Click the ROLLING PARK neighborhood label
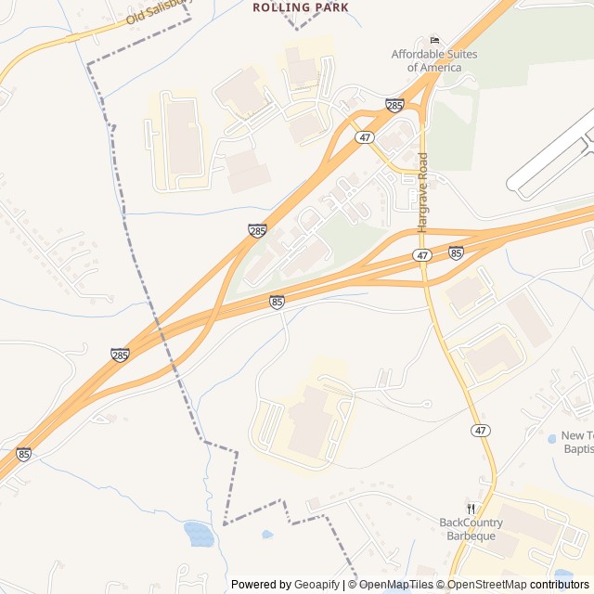coord(301,7)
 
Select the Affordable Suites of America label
coord(434,61)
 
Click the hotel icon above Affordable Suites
coord(434,40)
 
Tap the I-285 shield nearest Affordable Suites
coord(394,107)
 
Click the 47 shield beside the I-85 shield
coord(423,254)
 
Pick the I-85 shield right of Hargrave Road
coord(456,252)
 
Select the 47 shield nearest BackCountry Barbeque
coord(480,431)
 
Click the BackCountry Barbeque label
coord(468,529)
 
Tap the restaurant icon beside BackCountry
coord(471,509)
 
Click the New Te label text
coord(576,435)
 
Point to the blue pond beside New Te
coord(551,437)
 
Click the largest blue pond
coord(200,534)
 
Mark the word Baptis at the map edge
coord(577,449)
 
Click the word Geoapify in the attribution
coord(316,585)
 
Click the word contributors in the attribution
coord(560,585)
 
